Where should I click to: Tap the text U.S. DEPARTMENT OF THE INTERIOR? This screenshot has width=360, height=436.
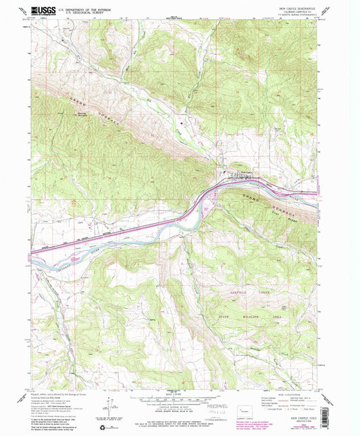coord(86,8)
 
